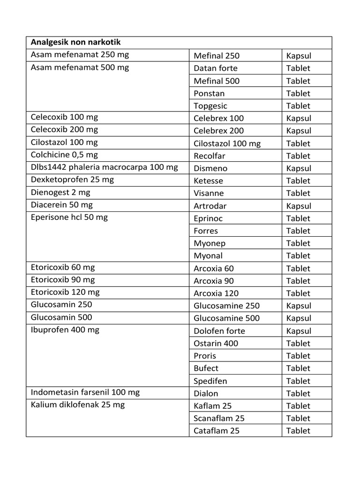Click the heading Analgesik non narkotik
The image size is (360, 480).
click(75, 42)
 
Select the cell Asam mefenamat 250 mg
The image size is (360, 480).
click(80, 55)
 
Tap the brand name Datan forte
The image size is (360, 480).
click(216, 68)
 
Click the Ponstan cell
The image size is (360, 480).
click(209, 93)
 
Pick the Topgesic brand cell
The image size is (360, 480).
click(210, 106)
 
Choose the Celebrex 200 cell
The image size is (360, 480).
click(219, 131)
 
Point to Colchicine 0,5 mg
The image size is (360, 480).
click(64, 155)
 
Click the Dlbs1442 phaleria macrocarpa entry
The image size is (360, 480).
click(105, 167)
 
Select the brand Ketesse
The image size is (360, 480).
click(209, 180)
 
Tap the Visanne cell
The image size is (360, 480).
click(209, 193)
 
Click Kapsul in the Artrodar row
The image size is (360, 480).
click(299, 206)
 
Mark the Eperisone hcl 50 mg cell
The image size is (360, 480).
click(69, 217)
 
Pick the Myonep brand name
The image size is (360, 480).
click(210, 243)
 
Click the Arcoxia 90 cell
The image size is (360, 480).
click(214, 281)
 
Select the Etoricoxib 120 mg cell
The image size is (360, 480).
click(65, 292)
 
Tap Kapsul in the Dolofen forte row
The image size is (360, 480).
click(299, 331)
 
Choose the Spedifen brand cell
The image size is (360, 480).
click(210, 381)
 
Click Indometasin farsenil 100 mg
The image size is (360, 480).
click(85, 392)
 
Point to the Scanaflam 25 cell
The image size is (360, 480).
click(219, 418)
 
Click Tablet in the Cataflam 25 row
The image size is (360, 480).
click(298, 431)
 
